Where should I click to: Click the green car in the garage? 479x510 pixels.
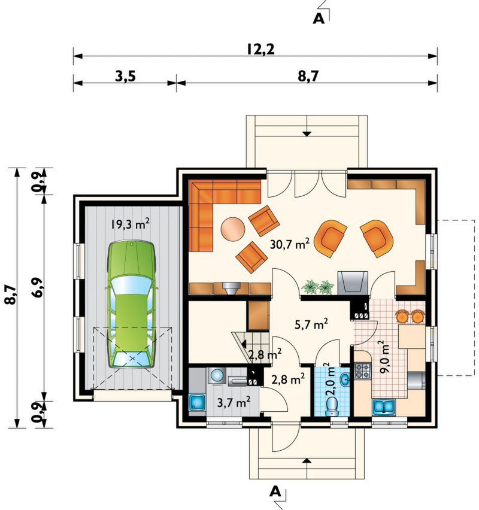(132, 304)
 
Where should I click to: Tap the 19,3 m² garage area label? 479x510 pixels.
(130, 224)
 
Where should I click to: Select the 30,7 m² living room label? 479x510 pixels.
(290, 244)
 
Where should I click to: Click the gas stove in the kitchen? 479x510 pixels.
(362, 371)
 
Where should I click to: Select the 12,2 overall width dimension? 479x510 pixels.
(260, 50)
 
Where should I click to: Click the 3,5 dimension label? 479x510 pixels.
(125, 77)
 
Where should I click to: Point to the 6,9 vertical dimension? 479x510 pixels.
(38, 288)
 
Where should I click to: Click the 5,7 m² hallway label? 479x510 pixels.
(311, 324)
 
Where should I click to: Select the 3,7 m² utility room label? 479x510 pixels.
(234, 403)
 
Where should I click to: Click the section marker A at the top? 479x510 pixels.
(319, 19)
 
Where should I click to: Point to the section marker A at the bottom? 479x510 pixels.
(275, 491)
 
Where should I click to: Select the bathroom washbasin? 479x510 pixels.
(345, 380)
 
